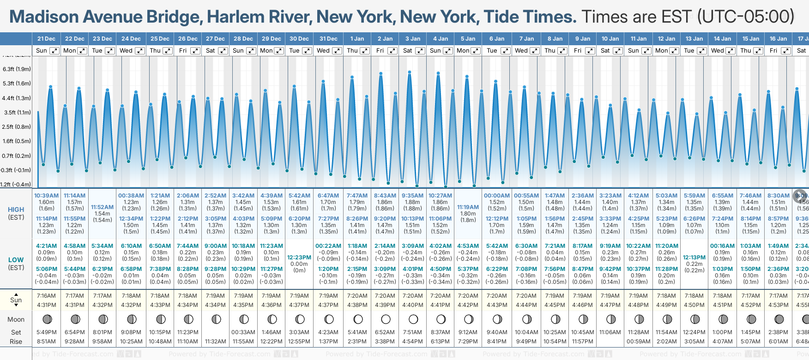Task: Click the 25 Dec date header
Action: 160,39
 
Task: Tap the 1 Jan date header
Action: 357,39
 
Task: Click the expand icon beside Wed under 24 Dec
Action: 139,51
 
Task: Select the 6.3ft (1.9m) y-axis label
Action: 17,69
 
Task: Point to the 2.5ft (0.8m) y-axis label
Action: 17,126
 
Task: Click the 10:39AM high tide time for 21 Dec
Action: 47,196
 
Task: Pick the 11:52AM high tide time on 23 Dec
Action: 102,207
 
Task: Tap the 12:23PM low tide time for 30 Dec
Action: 299,258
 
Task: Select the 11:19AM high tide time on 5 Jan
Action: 468,207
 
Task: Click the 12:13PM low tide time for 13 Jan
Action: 694,258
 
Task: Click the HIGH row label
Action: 16,210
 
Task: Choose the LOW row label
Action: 16,260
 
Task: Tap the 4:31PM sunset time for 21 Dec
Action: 47,305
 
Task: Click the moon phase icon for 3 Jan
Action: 413,319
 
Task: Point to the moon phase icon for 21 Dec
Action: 47,319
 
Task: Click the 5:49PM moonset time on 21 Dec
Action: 47,332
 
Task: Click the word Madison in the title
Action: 44,17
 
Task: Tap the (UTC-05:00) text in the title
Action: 745,17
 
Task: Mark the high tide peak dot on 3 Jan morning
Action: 410,72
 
